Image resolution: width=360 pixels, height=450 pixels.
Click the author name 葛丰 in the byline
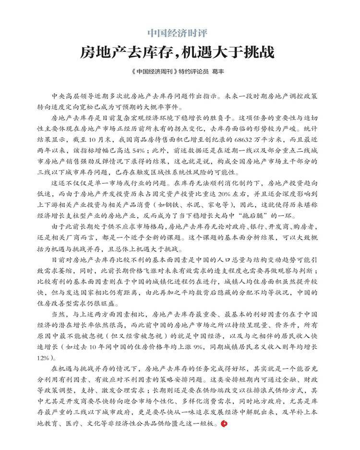218,72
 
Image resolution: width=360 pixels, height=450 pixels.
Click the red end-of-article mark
222,422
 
